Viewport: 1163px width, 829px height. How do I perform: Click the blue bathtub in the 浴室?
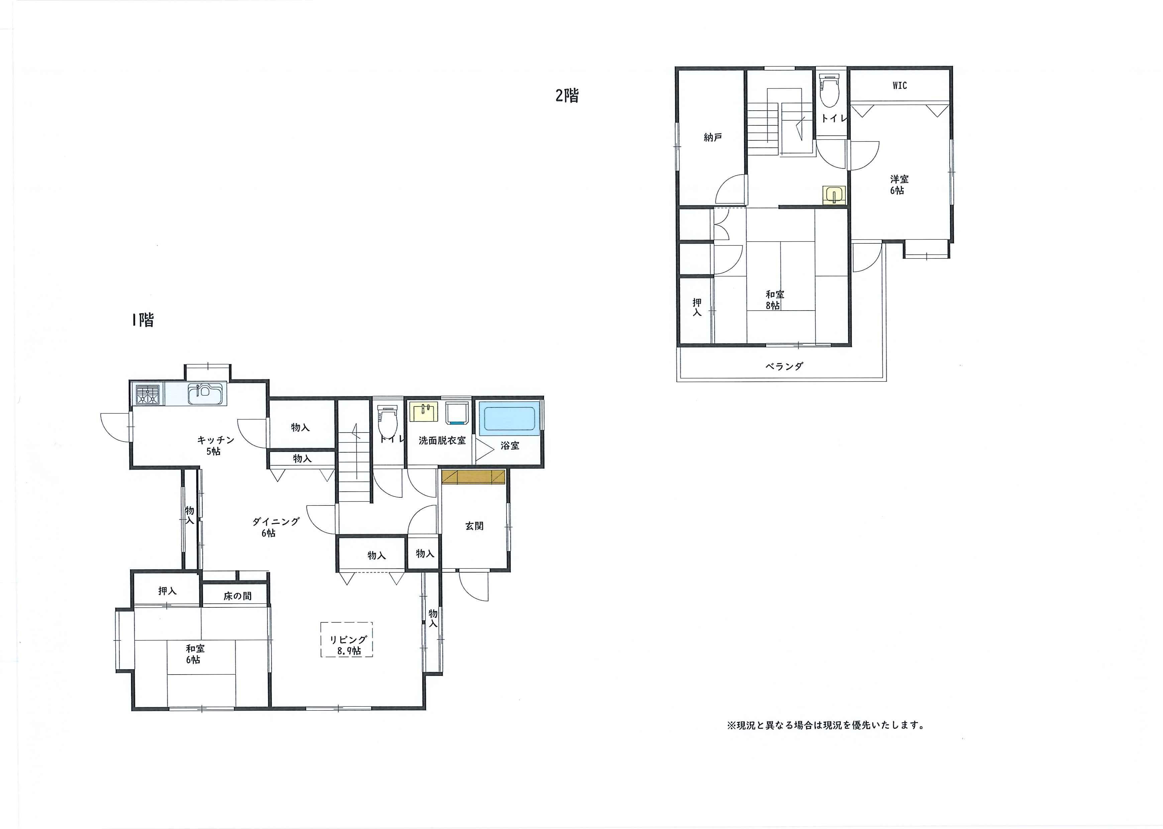click(509, 418)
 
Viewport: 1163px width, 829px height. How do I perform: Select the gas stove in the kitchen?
click(147, 394)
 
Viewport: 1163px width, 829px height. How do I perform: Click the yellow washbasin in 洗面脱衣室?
click(424, 412)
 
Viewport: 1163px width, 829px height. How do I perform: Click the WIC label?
click(900, 86)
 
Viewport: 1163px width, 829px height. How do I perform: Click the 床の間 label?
click(237, 596)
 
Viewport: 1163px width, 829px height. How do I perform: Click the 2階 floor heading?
click(567, 96)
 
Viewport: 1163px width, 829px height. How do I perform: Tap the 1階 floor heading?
click(143, 320)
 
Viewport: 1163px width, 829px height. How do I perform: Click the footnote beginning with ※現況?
click(826, 725)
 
